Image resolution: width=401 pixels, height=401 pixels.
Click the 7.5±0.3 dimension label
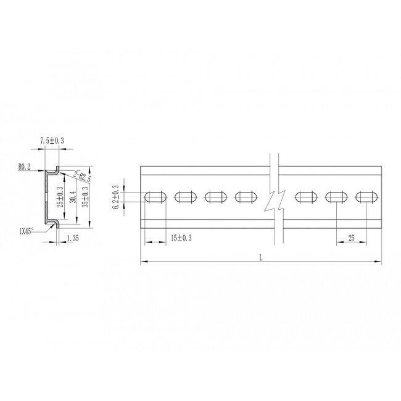[x=52, y=141]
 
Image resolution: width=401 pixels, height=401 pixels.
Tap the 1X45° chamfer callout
[x=27, y=231]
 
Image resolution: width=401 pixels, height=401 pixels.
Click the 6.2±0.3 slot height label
[x=117, y=197]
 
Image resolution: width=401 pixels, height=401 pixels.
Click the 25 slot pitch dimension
[x=351, y=238]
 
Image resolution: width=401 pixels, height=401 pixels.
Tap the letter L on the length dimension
[x=261, y=258]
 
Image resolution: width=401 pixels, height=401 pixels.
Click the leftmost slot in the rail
[x=155, y=197]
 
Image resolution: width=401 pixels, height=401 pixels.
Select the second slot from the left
[x=186, y=197]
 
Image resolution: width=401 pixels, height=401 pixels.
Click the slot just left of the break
[x=246, y=197]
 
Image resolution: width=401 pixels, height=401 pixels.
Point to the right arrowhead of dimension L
[x=378, y=263]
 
